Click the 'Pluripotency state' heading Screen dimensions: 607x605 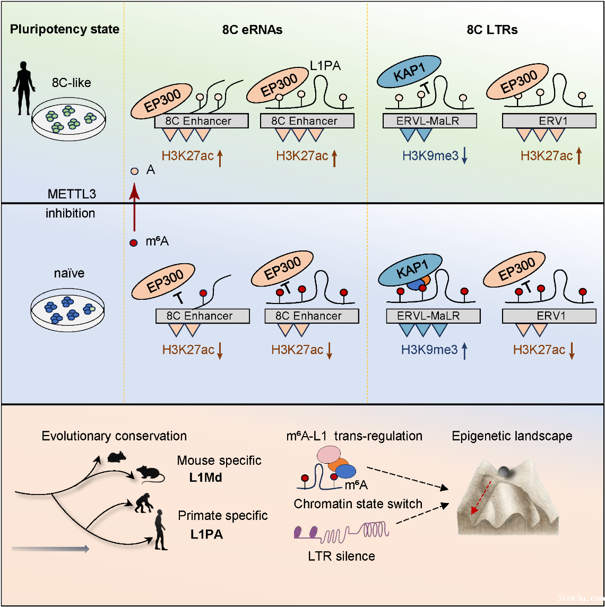[x=64, y=29]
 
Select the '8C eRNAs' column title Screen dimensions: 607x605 [x=252, y=30]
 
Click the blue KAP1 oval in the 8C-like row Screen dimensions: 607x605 [x=409, y=71]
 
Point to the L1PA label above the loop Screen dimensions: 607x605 [x=325, y=66]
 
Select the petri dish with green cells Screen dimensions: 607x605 [x=68, y=119]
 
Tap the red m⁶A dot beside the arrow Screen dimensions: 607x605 [x=134, y=243]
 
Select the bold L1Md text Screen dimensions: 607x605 [x=205, y=478]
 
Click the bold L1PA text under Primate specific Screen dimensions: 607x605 [x=206, y=534]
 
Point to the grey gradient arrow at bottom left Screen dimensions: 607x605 [x=50, y=549]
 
